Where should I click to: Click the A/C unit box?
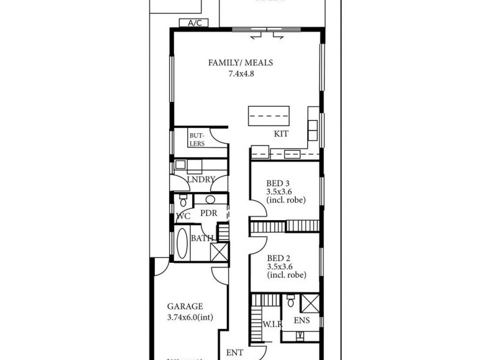click(194, 23)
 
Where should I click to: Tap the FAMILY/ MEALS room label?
click(236, 63)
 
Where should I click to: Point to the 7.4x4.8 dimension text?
click(240, 74)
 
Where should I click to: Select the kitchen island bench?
click(269, 115)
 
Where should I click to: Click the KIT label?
click(281, 134)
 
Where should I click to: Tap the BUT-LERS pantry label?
click(197, 139)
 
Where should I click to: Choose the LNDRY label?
click(200, 179)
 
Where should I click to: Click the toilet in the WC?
click(182, 200)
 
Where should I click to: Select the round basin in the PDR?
click(211, 200)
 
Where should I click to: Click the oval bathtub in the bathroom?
click(181, 244)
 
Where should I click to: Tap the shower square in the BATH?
click(218, 251)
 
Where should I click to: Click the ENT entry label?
click(235, 352)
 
